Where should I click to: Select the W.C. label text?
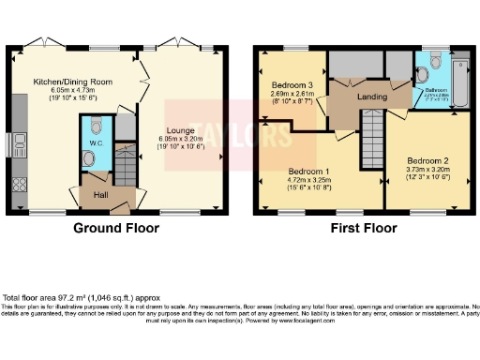click(96, 143)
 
